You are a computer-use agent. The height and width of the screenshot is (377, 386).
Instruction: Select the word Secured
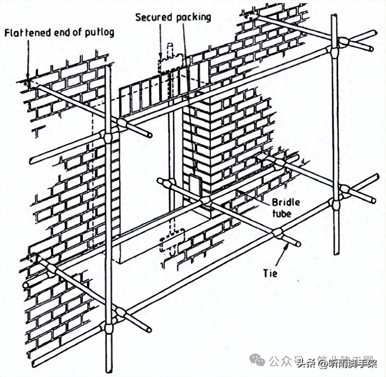click(153, 18)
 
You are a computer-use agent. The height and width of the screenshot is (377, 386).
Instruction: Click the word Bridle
click(285, 202)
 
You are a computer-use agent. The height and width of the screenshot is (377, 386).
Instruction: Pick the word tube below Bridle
click(281, 213)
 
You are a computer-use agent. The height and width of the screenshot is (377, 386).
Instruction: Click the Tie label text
click(270, 273)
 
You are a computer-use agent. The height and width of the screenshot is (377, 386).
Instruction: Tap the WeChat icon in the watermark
click(257, 361)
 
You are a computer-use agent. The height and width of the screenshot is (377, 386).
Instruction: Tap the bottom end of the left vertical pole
click(109, 370)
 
